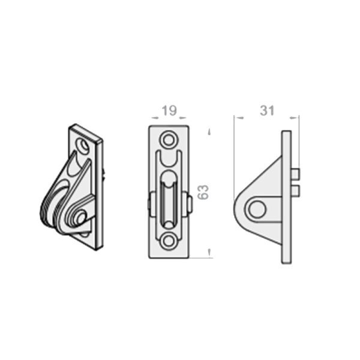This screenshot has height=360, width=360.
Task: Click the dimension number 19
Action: pos(169,110)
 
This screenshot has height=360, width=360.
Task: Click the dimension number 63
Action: pos(203,192)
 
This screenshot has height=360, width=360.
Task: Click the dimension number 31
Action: pos(267,110)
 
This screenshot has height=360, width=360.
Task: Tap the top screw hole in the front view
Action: pos(169,139)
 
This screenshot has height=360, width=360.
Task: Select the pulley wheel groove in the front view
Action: pos(169,200)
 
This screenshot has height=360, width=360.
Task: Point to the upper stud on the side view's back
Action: pos(295,174)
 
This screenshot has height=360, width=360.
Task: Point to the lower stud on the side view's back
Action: pos(295,191)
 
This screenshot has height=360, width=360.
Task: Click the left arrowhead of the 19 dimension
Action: pos(155,118)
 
